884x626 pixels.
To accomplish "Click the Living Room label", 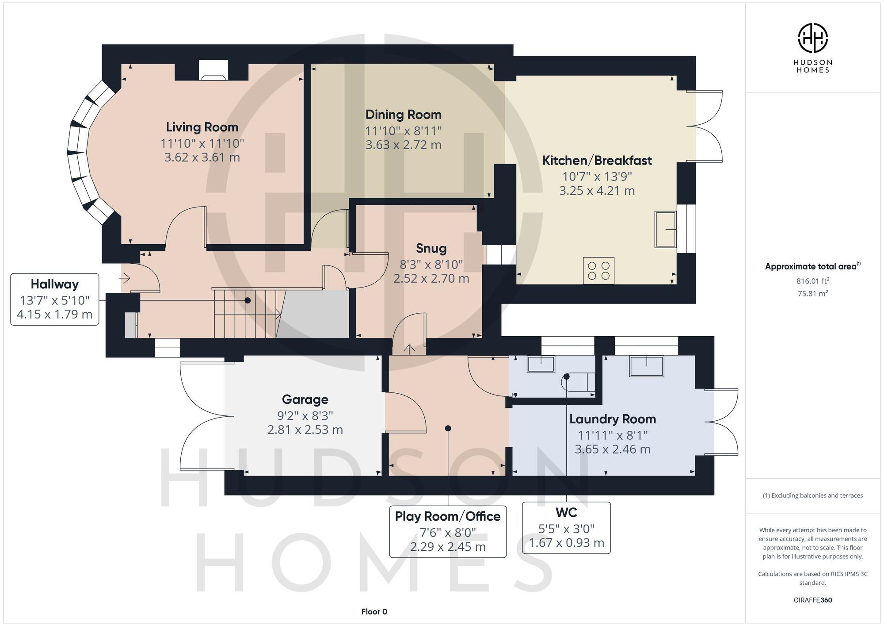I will click(202, 127).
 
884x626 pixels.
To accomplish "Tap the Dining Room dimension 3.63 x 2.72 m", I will click(403, 145).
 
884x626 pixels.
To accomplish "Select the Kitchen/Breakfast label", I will click(597, 160).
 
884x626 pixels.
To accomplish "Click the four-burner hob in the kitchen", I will click(598, 271).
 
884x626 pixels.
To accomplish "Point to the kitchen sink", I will click(665, 229).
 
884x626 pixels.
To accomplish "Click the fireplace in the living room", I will click(213, 71).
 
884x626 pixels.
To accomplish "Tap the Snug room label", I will click(431, 248).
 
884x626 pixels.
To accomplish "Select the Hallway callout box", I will click(55, 300).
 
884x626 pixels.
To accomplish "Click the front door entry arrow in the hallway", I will click(125, 278).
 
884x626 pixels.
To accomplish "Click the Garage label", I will click(305, 399).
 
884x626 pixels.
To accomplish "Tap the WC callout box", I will click(566, 527).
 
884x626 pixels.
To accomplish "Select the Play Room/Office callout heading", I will click(447, 516).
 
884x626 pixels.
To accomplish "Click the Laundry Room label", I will click(612, 419).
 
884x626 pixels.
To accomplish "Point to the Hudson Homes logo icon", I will click(812, 38).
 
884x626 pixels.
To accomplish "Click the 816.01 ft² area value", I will click(812, 280).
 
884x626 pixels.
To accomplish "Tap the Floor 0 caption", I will click(374, 611).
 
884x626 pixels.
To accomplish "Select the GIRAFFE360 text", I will click(812, 600).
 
